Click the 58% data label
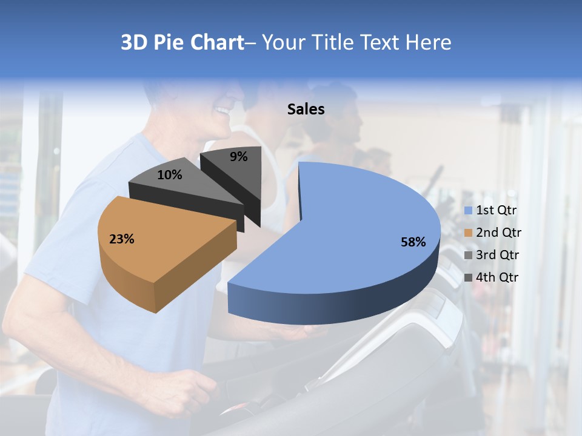pos(413,242)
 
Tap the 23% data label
pos(121,239)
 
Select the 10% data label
pos(169,176)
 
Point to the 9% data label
pos(239,157)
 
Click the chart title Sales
pos(306,109)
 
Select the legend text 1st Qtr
pos(496,210)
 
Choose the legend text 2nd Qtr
pos(498,233)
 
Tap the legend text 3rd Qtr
pos(498,255)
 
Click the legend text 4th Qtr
pos(498,277)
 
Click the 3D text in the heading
pos(134,42)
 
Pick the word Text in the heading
pos(380,42)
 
